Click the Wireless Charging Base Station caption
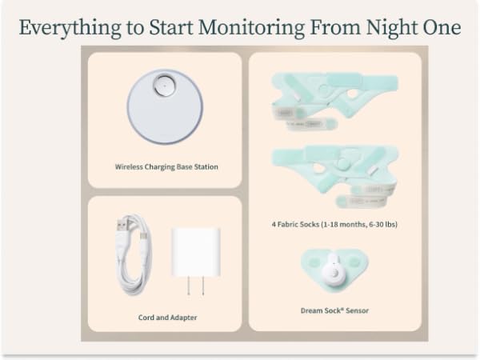click(x=166, y=167)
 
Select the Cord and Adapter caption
click(x=167, y=318)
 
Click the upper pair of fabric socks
click(x=334, y=99)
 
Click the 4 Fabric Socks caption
click(x=334, y=225)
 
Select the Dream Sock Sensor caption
click(x=334, y=310)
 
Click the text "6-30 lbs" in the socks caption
click(x=382, y=225)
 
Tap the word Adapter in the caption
click(x=183, y=318)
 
